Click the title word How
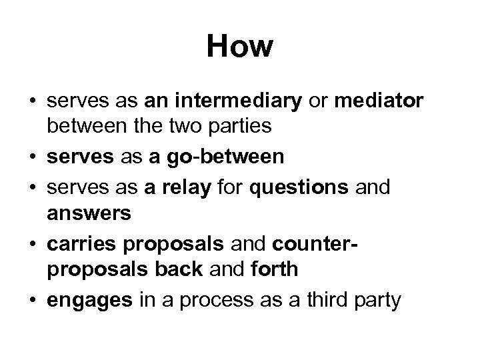240,47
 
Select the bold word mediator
379,101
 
